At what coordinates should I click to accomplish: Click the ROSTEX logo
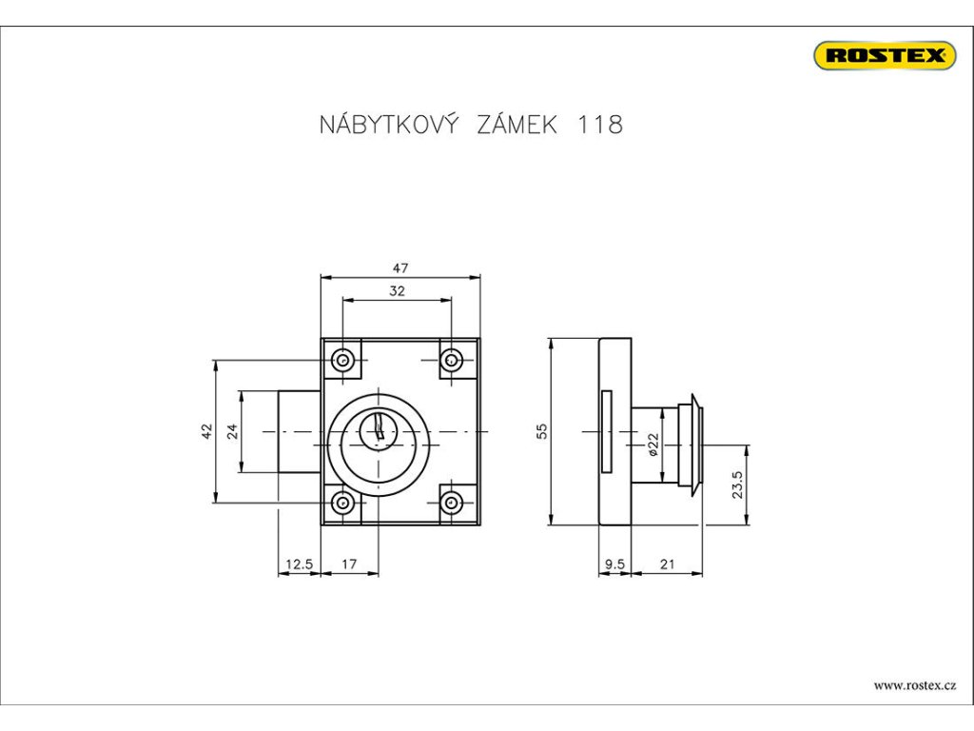(x=884, y=55)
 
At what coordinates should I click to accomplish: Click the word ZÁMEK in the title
(x=515, y=125)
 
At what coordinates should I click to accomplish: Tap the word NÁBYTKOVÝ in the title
(x=390, y=125)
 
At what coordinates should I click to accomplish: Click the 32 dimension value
(x=397, y=291)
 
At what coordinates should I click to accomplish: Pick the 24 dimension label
(x=231, y=431)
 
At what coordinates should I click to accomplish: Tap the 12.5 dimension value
(x=298, y=564)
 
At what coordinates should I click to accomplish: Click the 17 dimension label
(x=348, y=564)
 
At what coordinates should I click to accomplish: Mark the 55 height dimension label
(x=541, y=431)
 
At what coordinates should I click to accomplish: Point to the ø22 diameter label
(x=653, y=444)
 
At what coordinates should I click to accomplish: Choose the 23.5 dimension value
(x=738, y=484)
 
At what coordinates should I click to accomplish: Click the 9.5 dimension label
(x=614, y=564)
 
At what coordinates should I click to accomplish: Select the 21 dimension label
(x=667, y=564)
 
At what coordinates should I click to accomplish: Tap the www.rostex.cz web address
(x=914, y=685)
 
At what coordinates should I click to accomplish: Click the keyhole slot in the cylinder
(x=380, y=428)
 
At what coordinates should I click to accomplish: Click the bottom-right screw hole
(x=452, y=502)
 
